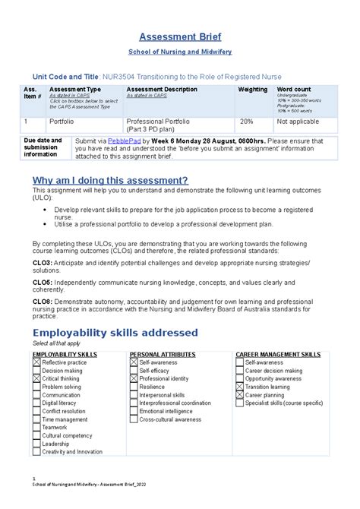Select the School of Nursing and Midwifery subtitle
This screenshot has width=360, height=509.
[179, 51]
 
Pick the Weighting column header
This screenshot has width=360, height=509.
[253, 90]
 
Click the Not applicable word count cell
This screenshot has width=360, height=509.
[298, 122]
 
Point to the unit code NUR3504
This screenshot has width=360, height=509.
[143, 76]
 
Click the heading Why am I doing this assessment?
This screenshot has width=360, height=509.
[109, 180]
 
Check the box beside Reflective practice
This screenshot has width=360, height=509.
[36, 363]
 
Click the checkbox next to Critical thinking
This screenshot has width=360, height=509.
[36, 378]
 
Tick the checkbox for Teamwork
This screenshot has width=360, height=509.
[36, 427]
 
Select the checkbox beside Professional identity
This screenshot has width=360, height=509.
[134, 378]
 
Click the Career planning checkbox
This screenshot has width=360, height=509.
[240, 395]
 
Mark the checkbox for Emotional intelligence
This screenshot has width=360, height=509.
[134, 411]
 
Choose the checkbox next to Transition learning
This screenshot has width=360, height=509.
[240, 387]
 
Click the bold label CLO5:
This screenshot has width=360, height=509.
[43, 281]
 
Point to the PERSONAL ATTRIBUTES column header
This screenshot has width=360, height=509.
[166, 355]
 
